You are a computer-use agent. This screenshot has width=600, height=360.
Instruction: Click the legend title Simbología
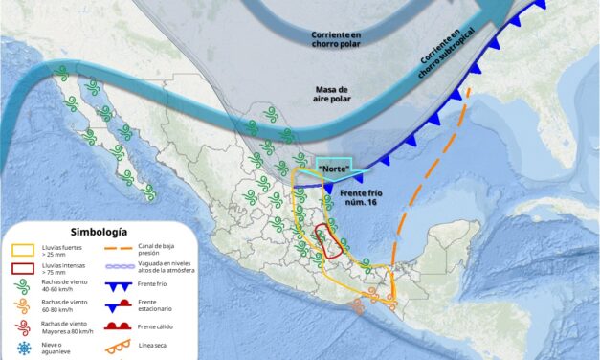pos(100,232)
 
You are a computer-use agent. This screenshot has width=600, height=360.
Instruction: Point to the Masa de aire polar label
pos(336,95)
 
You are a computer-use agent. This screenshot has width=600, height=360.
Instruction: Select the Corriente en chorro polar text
pos(336,39)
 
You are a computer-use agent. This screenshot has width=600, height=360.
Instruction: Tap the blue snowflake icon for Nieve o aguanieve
pos(21,347)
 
